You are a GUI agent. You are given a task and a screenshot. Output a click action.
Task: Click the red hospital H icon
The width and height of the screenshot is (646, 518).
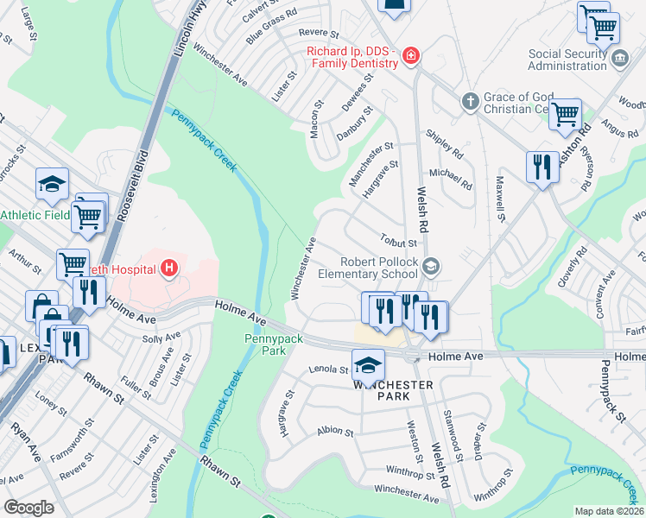(x=169, y=268)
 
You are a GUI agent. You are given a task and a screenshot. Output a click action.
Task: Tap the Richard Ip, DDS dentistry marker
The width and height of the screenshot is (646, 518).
(x=411, y=57)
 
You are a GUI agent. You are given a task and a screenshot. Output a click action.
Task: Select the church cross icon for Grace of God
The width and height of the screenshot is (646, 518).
(x=470, y=101)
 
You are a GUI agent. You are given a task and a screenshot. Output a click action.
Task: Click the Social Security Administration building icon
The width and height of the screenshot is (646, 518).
(x=619, y=59)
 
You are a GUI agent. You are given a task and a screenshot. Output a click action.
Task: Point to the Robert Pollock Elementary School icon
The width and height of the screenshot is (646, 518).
(x=431, y=268)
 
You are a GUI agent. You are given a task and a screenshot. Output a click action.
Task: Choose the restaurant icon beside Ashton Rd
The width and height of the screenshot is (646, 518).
(x=542, y=167)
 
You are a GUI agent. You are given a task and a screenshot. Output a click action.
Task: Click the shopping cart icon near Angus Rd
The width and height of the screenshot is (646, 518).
(x=565, y=114)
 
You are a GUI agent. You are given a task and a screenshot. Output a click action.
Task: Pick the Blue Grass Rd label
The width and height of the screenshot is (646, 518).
(x=271, y=27)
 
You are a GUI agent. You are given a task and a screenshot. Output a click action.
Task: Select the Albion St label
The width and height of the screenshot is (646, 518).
(x=336, y=431)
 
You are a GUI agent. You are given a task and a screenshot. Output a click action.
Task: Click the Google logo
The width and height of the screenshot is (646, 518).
(x=28, y=507)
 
